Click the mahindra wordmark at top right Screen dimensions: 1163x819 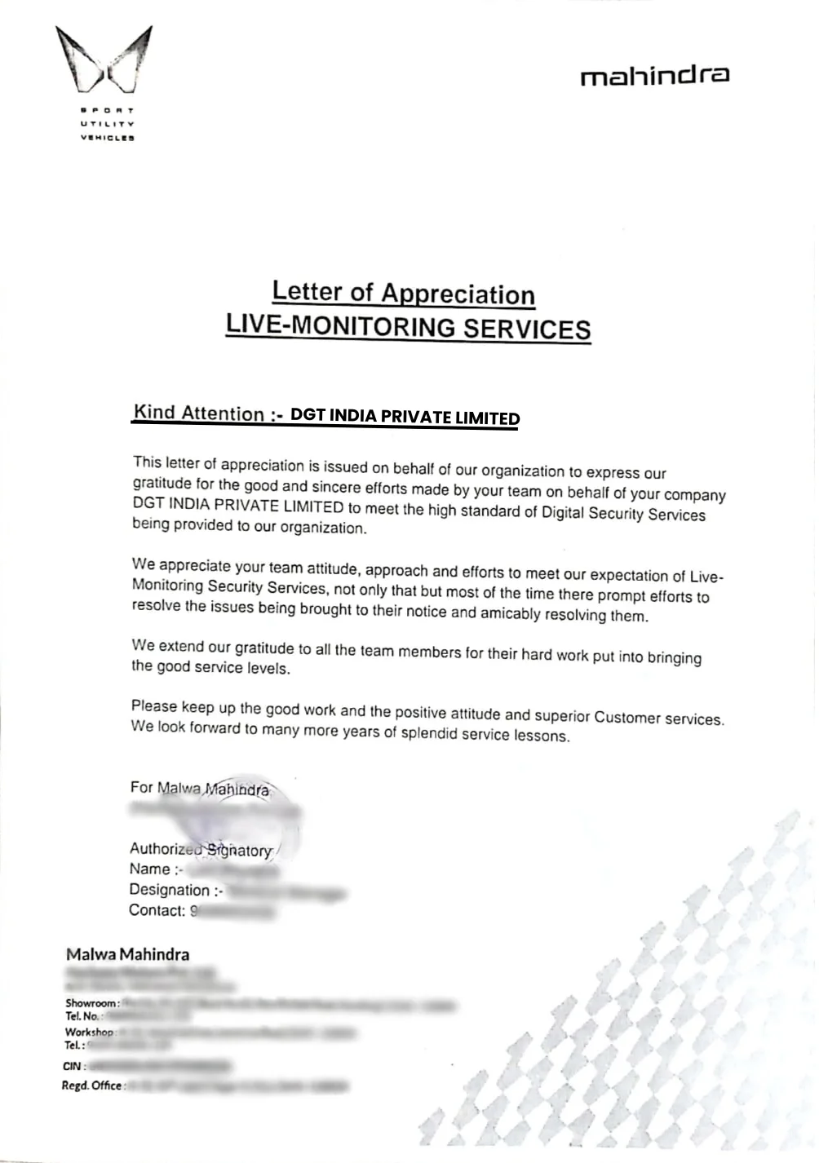654,77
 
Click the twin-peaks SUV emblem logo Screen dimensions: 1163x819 104,60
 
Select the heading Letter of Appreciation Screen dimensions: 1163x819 403,293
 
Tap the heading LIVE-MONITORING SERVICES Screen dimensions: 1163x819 408,327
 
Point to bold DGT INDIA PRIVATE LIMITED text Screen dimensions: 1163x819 405,417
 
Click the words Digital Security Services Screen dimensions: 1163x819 623,515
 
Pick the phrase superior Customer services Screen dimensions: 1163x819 629,718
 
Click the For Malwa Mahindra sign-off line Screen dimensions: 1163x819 200,789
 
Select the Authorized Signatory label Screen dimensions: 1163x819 201,849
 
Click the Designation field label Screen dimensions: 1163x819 170,890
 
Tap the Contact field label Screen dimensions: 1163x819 157,910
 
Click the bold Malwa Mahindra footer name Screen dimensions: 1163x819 127,954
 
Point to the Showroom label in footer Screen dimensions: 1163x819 92,1002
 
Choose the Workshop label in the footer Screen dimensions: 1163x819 89,1032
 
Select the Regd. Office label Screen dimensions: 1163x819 92,1086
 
